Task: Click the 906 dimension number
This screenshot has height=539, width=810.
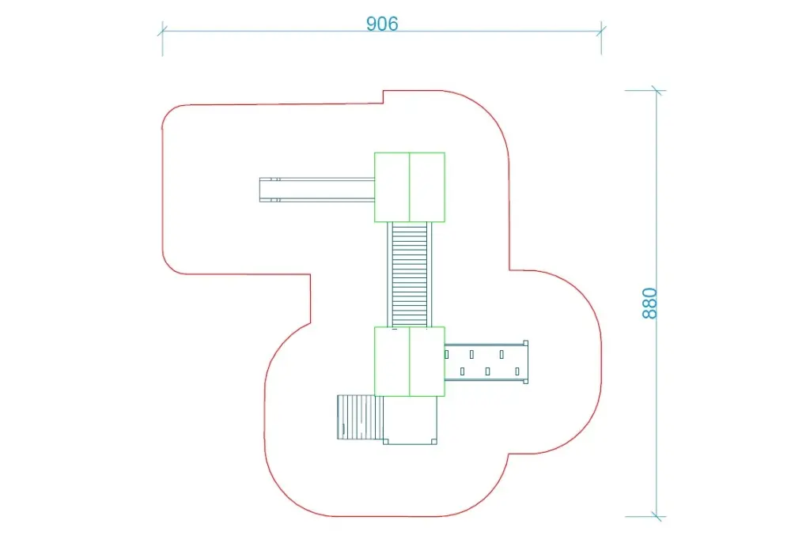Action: (382, 24)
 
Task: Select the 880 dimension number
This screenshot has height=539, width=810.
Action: (649, 303)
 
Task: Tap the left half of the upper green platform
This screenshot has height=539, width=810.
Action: (392, 187)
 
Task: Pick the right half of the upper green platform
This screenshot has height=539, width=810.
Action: (427, 187)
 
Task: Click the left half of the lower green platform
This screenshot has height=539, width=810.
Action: (392, 361)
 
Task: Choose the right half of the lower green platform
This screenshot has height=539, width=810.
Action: (427, 361)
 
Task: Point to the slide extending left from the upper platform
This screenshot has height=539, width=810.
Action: (316, 190)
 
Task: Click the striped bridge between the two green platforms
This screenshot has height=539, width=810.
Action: (410, 275)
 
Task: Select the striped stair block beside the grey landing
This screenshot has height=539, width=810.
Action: (360, 417)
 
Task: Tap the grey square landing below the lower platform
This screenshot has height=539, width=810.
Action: (411, 420)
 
